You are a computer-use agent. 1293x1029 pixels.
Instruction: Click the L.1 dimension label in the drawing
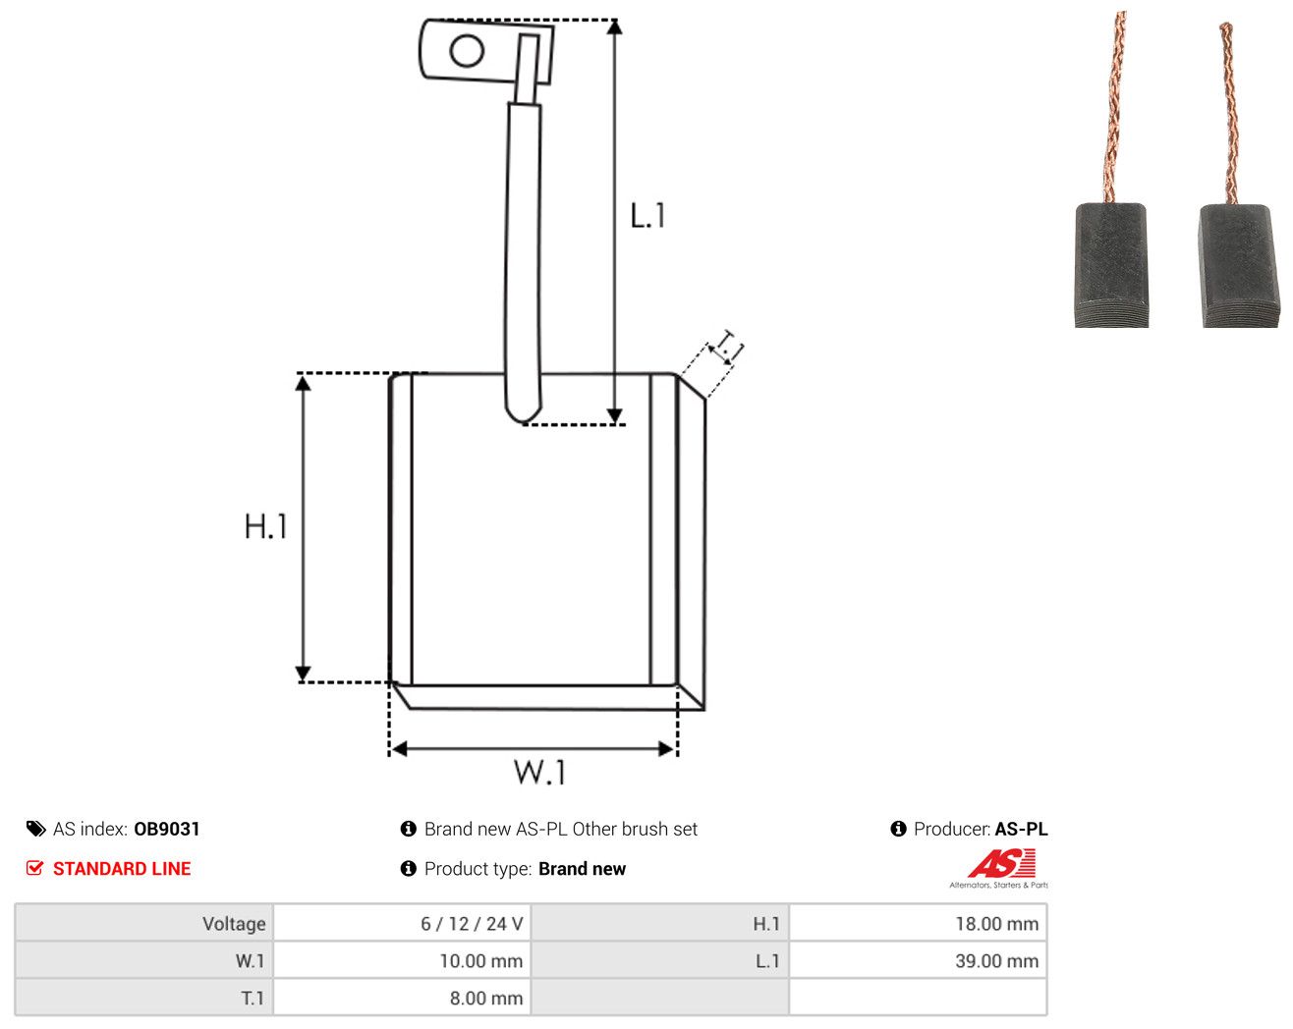click(647, 216)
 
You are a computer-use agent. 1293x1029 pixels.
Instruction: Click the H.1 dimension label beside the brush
click(265, 526)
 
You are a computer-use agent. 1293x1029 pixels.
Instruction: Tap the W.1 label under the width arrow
click(539, 773)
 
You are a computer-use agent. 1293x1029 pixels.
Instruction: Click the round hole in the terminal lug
click(467, 50)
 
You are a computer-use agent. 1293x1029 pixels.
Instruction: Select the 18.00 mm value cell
click(918, 923)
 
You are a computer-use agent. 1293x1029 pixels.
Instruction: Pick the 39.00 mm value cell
click(918, 960)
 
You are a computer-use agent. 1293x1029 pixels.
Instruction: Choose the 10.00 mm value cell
click(401, 960)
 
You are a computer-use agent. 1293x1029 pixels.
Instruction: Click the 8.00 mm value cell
click(401, 998)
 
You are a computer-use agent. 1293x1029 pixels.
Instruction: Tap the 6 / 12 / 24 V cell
click(401, 923)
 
